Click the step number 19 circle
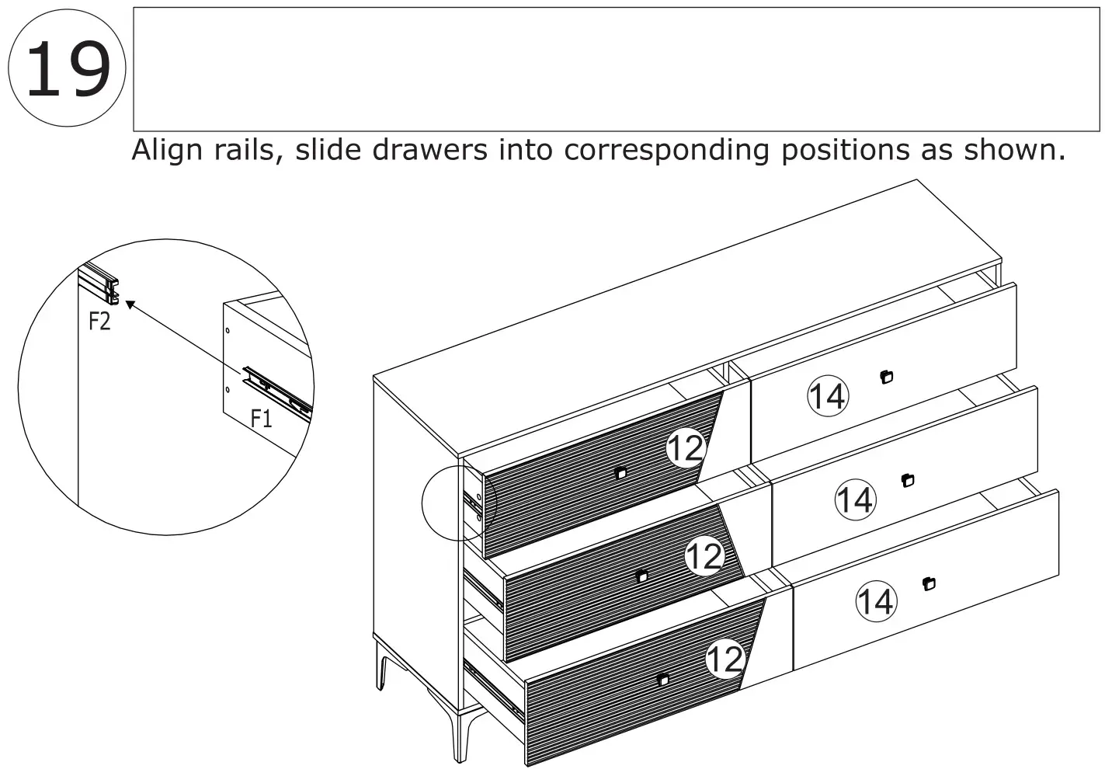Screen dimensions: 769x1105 [x=67, y=68]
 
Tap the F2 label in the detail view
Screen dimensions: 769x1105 [x=99, y=321]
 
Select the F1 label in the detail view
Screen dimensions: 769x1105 [x=262, y=419]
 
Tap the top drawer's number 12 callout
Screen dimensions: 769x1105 [x=685, y=448]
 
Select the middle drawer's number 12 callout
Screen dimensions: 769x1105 [x=704, y=556]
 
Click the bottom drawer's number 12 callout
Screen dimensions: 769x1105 [x=725, y=659]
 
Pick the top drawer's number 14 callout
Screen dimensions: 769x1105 [x=828, y=396]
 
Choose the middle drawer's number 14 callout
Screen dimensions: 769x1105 [x=854, y=499]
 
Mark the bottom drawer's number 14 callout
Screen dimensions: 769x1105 [x=875, y=602]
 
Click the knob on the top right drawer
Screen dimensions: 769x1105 [x=887, y=378]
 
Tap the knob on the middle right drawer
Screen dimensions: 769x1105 [x=909, y=480]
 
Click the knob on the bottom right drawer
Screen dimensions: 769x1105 [x=930, y=583]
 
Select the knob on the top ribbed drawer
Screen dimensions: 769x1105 [x=620, y=472]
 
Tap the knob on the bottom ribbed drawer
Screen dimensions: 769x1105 [x=662, y=680]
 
